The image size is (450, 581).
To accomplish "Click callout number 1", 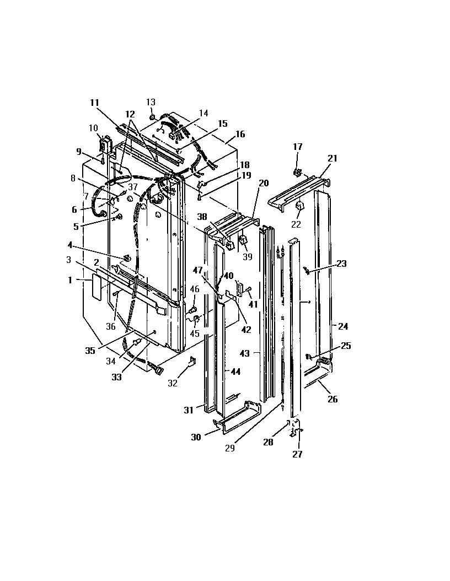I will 70,280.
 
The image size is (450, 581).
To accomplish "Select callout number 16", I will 240,134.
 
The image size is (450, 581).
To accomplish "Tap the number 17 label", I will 298,147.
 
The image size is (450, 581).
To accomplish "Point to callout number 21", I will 332,158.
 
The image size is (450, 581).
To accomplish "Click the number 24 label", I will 343,326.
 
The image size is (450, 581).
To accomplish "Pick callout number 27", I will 297,454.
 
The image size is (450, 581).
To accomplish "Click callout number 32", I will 173,383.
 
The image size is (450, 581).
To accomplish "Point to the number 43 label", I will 244,353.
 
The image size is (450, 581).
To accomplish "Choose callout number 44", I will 235,372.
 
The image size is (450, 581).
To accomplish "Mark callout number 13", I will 151,102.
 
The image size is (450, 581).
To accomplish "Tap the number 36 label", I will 111,326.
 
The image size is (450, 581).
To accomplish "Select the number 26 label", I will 333,399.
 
